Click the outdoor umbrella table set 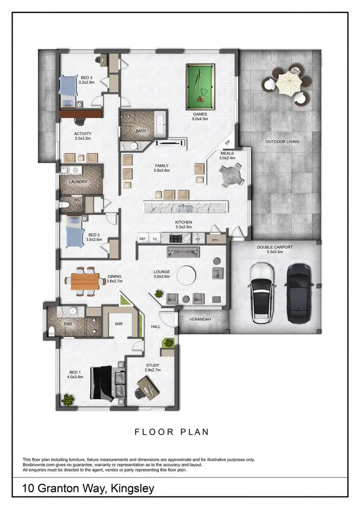(287, 84)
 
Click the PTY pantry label (215, 238)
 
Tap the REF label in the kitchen (143, 238)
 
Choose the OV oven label (198, 238)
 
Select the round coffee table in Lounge (187, 276)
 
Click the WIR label (119, 324)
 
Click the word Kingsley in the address (132, 489)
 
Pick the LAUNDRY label (78, 182)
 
